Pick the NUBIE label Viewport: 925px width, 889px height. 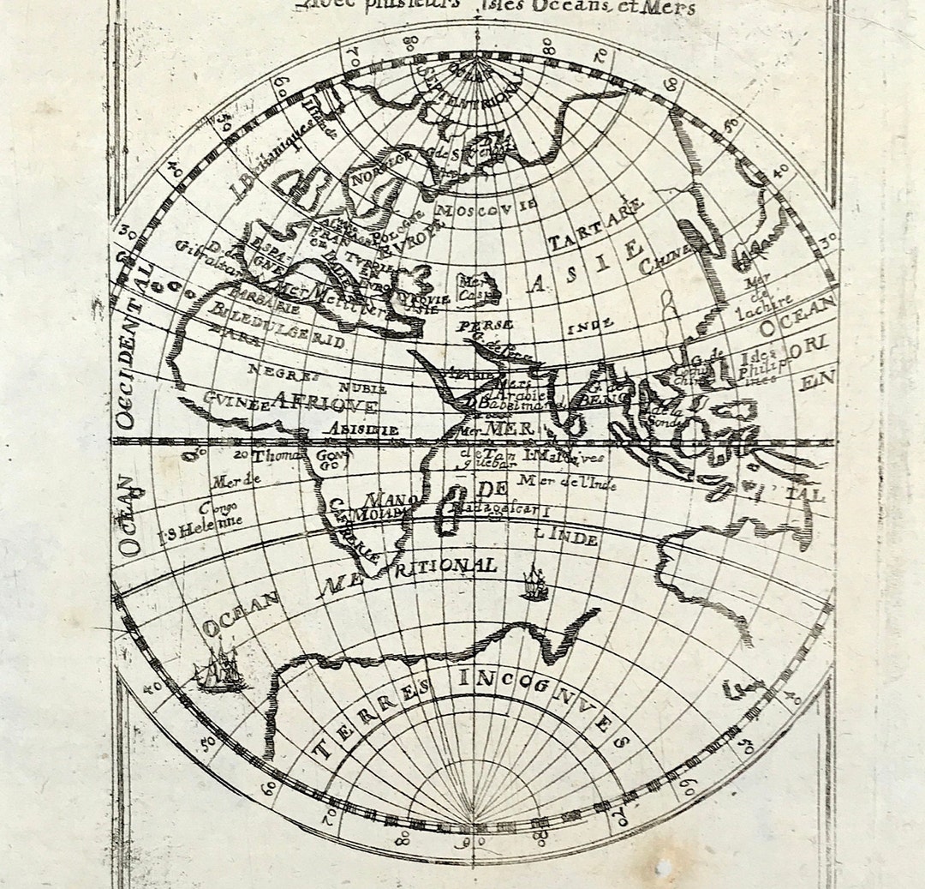pos(362,387)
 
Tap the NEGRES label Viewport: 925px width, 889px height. pos(283,371)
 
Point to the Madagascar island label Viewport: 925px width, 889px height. pos(492,509)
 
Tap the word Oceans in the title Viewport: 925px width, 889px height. pos(604,8)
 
